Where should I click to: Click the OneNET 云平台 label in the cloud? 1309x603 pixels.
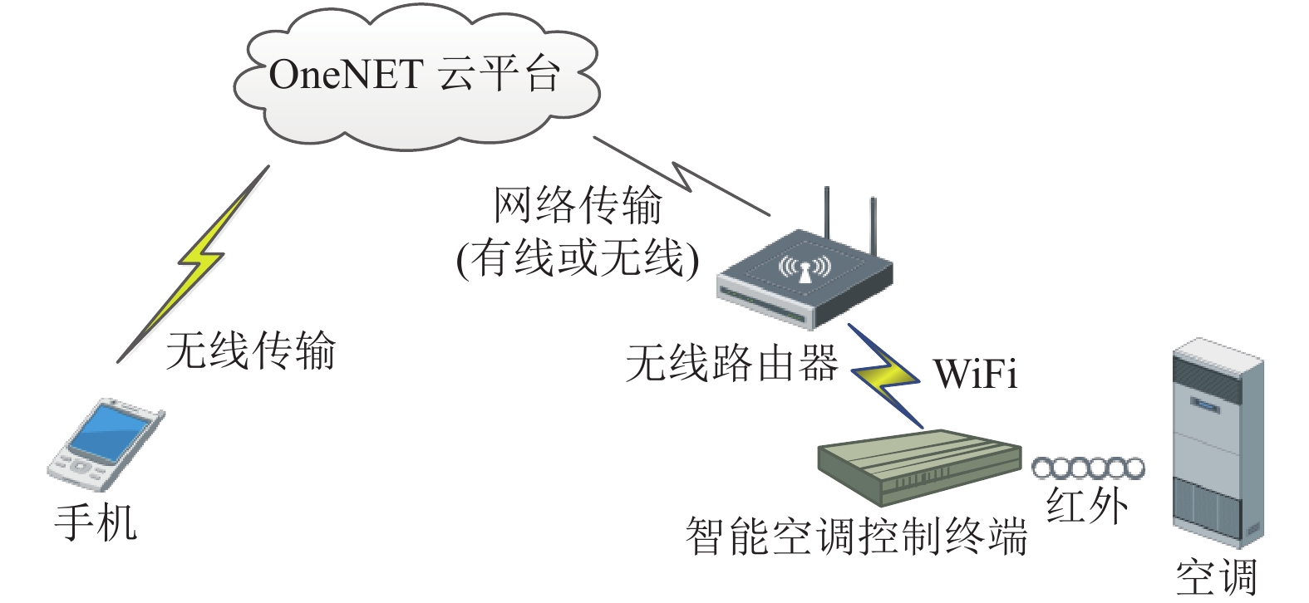pyautogui.click(x=415, y=74)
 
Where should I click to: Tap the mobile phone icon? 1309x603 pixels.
pyautogui.click(x=106, y=444)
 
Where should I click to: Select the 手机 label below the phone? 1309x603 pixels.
pyautogui.click(x=96, y=523)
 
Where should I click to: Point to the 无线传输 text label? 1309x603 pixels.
pyautogui.click(x=251, y=351)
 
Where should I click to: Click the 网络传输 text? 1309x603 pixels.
pyautogui.click(x=578, y=205)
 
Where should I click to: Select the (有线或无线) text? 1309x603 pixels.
pyautogui.click(x=578, y=258)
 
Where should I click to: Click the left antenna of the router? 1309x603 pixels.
pyautogui.click(x=828, y=213)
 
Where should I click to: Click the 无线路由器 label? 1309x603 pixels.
pyautogui.click(x=732, y=363)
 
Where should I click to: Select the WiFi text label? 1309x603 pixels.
pyautogui.click(x=976, y=373)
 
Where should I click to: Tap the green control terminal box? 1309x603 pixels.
pyautogui.click(x=920, y=467)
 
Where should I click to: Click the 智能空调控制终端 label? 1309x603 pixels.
pyautogui.click(x=857, y=536)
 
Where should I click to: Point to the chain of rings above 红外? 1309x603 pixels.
pyautogui.click(x=1088, y=468)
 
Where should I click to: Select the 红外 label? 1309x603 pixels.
pyautogui.click(x=1087, y=506)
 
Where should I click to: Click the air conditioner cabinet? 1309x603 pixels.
pyautogui.click(x=1219, y=443)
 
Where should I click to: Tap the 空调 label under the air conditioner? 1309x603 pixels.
pyautogui.click(x=1216, y=577)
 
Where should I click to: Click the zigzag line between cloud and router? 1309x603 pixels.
pyautogui.click(x=682, y=176)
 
